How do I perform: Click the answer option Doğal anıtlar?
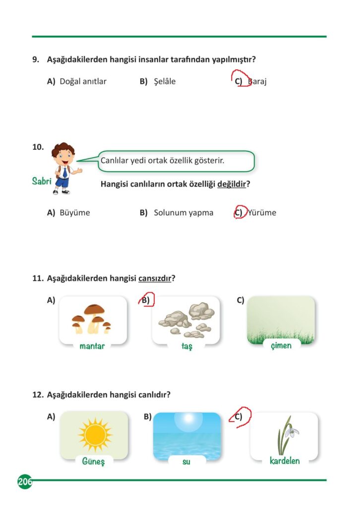tap(83, 81)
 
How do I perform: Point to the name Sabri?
tap(42, 182)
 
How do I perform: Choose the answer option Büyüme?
tap(75, 212)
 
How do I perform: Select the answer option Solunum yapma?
tap(183, 212)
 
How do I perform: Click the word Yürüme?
tap(262, 212)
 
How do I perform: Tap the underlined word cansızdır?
tap(155, 278)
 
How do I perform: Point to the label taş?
tap(186, 346)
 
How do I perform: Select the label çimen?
tap(281, 345)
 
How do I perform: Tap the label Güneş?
tap(93, 461)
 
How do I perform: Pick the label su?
tap(186, 462)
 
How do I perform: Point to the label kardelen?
tap(285, 461)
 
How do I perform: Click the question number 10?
tap(38, 147)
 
